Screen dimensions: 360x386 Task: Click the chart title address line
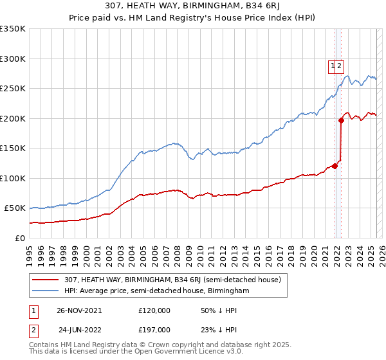[x=193, y=6]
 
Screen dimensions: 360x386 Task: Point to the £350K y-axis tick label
[x=13, y=29]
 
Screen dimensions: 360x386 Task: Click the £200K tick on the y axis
[x=13, y=118]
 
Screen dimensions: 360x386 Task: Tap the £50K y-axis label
[x=15, y=208]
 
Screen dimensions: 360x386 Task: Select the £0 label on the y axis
[x=21, y=238]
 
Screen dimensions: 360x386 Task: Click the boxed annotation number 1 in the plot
[x=333, y=65]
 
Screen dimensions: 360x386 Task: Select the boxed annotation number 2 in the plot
[x=339, y=65]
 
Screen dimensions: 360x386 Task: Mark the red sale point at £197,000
[x=341, y=120]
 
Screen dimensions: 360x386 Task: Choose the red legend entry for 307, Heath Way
[x=167, y=280]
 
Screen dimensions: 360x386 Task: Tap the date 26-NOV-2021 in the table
[x=79, y=310]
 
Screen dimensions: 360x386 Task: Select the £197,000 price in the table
[x=154, y=330]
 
